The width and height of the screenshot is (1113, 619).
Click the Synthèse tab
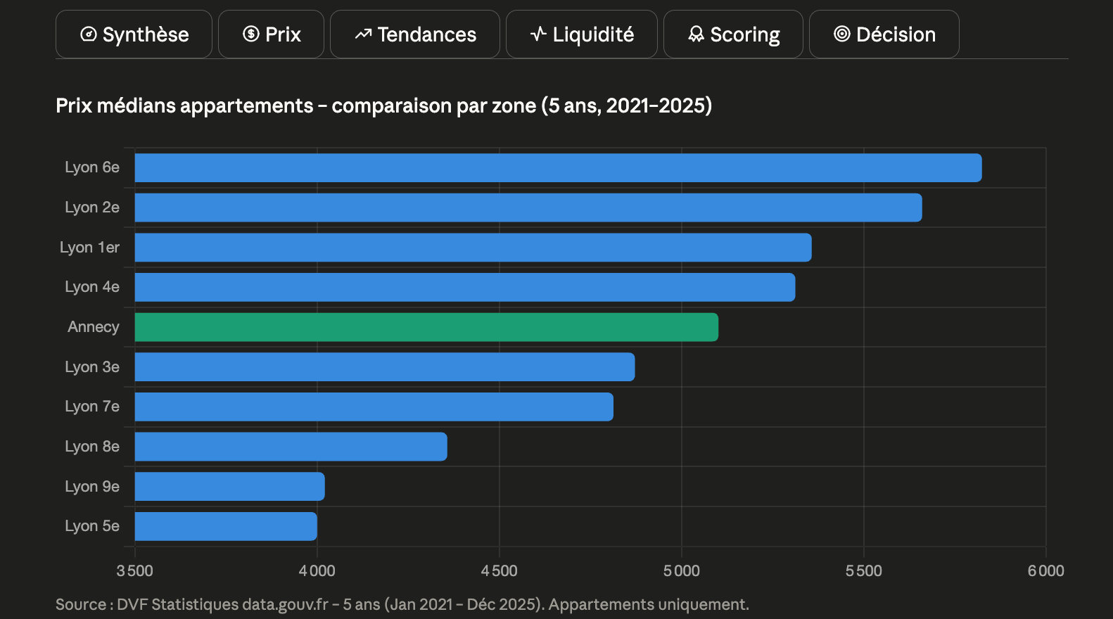point(134,34)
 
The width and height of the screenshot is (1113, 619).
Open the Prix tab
point(272,34)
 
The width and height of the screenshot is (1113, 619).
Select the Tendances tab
point(415,34)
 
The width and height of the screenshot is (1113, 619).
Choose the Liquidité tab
point(582,34)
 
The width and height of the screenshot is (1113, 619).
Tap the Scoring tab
point(733,34)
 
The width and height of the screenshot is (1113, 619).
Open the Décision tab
point(884,34)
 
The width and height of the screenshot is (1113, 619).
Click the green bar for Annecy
point(426,327)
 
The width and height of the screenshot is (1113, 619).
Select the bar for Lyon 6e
point(559,168)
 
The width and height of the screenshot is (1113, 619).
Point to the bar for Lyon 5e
point(226,526)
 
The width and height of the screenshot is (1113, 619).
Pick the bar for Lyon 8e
point(291,447)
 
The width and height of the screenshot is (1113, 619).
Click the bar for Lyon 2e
point(528,208)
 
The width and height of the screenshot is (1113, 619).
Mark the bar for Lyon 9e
point(230,486)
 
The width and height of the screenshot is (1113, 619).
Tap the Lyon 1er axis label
point(89,248)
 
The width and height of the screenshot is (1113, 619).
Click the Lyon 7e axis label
point(92,407)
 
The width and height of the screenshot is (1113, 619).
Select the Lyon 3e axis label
point(92,366)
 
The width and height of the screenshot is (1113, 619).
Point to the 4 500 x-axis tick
point(500,570)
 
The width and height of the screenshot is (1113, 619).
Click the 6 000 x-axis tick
point(1046,570)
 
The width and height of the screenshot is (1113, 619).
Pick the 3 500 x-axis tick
point(134,570)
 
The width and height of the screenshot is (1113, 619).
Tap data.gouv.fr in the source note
point(285,605)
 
